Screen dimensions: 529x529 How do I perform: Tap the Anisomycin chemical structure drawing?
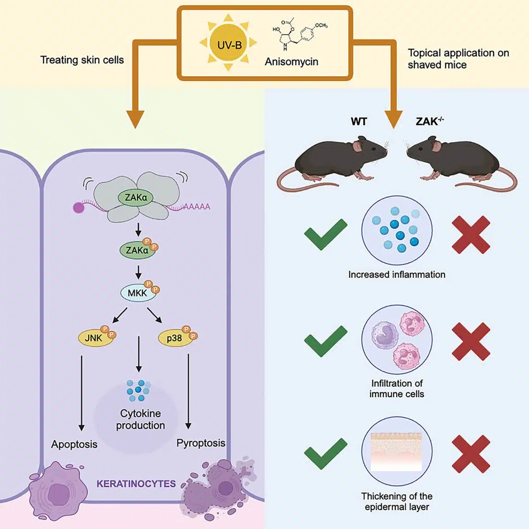[x=300, y=35]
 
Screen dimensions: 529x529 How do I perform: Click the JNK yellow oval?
[x=93, y=338]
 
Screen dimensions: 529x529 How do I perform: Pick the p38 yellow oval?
[x=175, y=338]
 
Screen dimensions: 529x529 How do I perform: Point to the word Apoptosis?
[x=74, y=444]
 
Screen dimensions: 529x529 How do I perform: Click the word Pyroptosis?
[x=201, y=443]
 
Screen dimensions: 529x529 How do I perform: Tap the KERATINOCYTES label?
[x=136, y=484]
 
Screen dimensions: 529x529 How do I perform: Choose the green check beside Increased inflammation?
[x=326, y=234]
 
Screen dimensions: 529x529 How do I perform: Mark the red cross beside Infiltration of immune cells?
[x=471, y=341]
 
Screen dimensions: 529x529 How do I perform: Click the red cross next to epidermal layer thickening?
[x=471, y=454]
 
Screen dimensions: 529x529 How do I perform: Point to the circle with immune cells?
[x=397, y=340]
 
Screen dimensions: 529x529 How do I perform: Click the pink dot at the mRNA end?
[x=78, y=207]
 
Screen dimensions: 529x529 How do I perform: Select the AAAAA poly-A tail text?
[x=196, y=206]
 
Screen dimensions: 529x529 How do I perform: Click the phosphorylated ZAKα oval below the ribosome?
[x=138, y=250]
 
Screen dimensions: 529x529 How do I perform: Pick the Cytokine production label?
[x=140, y=419]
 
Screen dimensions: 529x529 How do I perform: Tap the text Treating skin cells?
[x=82, y=60]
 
